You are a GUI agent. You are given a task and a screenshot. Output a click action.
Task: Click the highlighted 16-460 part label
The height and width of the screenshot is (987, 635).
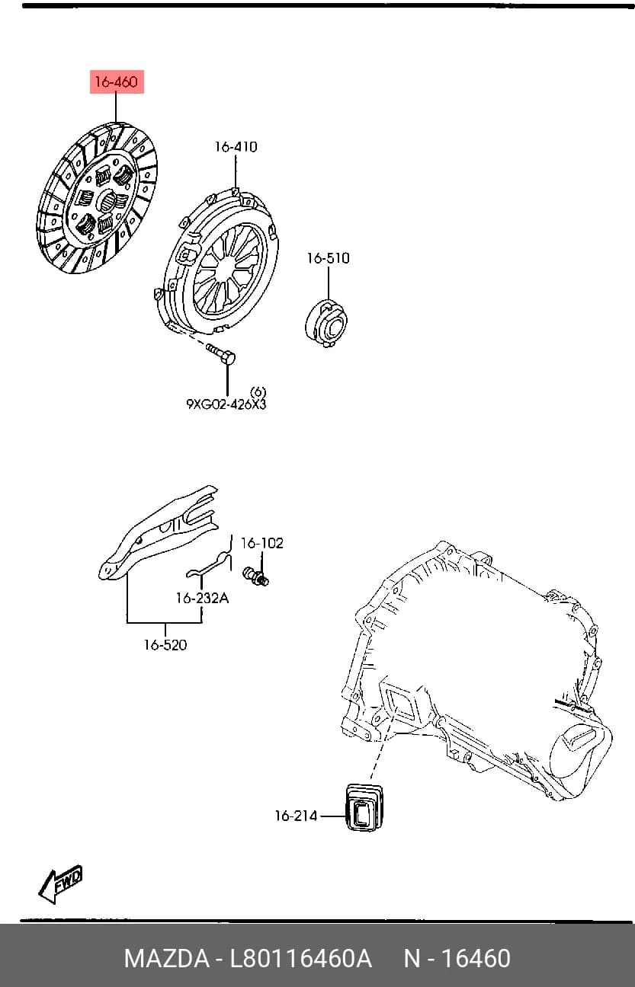click(x=117, y=82)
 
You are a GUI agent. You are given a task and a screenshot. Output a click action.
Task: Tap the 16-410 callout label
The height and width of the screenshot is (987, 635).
click(x=236, y=147)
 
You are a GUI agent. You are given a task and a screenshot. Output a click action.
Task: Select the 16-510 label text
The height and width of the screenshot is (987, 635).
click(x=328, y=258)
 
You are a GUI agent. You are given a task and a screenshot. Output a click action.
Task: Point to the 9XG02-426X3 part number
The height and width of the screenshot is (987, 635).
click(x=226, y=404)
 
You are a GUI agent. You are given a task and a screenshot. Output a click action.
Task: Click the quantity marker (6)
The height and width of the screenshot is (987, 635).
click(x=258, y=391)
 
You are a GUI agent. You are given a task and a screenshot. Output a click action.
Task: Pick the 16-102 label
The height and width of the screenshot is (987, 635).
click(x=262, y=543)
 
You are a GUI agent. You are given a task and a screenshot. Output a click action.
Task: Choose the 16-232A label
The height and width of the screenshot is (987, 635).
click(x=203, y=598)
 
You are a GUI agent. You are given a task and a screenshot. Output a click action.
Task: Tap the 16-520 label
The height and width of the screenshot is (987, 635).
click(x=165, y=644)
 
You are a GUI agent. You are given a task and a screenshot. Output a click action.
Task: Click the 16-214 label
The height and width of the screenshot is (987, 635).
click(x=296, y=816)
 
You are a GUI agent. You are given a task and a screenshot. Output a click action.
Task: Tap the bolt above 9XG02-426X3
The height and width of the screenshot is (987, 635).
click(x=220, y=354)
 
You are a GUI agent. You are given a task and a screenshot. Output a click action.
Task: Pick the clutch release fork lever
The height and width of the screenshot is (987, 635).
click(x=159, y=532)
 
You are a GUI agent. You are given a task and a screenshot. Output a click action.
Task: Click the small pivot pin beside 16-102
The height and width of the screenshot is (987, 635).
click(x=256, y=577)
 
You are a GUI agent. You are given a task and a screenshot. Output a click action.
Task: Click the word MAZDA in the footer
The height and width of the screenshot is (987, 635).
click(x=167, y=957)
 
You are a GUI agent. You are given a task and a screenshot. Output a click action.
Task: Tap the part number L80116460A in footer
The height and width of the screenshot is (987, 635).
click(x=301, y=957)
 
